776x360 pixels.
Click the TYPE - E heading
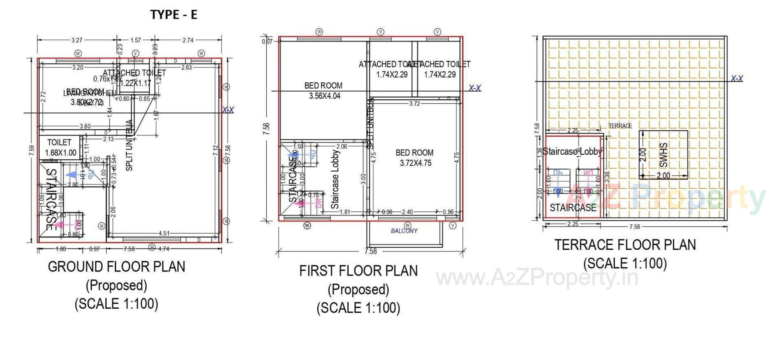point(174,15)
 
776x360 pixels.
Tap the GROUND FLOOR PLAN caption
point(116,267)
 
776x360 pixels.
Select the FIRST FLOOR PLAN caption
point(358,271)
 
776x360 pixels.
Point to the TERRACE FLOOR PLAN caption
point(625,245)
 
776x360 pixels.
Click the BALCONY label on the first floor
point(404,231)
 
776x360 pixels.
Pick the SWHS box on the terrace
point(663,155)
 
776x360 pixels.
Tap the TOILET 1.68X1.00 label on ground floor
point(60,147)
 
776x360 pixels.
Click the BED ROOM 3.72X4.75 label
point(415,158)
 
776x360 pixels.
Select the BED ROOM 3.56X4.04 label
point(324,91)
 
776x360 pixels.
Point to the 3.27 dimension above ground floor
point(77,40)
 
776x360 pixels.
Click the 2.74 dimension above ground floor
point(188,40)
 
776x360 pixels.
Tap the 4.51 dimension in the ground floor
point(164,233)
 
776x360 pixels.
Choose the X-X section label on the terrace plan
point(737,78)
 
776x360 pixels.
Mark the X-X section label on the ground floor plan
point(228,110)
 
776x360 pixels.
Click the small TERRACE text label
point(620,126)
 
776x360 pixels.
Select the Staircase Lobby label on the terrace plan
point(572,152)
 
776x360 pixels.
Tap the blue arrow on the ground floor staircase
point(72,175)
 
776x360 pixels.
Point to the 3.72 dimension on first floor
point(415,103)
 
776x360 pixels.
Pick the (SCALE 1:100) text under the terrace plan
point(625,263)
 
